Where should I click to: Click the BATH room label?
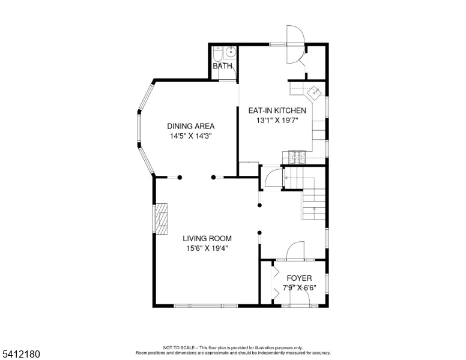pos(222,65)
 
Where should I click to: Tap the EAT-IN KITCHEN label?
pos(277,110)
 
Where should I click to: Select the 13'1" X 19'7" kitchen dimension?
pos(277,120)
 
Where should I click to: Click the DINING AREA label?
pos(191,126)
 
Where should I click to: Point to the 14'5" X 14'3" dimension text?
pos(191,136)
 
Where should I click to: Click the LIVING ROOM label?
pos(207,238)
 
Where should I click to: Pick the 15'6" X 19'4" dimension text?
pos(207,248)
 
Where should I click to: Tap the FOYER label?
pos(299,278)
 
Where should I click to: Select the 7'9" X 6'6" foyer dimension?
pos(299,288)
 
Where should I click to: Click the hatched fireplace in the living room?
pos(162,219)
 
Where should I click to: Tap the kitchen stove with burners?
pos(297,157)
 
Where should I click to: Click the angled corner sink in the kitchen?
pos(314,93)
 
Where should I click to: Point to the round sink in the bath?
pos(231,53)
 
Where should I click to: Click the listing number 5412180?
pos(21,354)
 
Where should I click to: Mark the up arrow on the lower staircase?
pos(315,210)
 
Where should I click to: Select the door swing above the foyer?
pos(295,250)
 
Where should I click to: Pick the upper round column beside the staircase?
pos(259,205)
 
